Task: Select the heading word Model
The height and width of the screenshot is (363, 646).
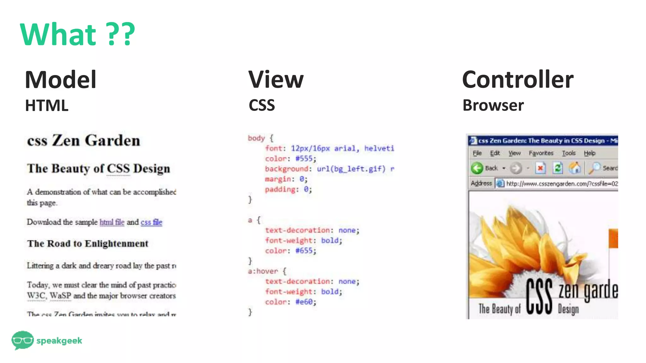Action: [x=61, y=80]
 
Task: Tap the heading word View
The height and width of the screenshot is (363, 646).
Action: [x=276, y=80]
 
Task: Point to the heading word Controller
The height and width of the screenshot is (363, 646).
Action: [x=518, y=80]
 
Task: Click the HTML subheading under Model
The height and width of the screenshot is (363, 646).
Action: [x=47, y=106]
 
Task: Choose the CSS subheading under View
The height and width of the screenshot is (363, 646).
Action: [x=261, y=105]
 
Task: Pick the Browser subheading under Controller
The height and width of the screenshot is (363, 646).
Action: [x=493, y=105]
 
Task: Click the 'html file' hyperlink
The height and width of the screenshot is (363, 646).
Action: [x=112, y=222]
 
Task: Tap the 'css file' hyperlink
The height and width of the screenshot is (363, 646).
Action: [x=151, y=222]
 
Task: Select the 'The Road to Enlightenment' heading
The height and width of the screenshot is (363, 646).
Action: [x=88, y=244]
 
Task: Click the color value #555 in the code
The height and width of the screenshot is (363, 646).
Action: [x=304, y=158]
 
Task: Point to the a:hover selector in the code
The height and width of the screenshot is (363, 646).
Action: [x=263, y=271]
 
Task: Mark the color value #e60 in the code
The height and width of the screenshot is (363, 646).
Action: [x=304, y=302]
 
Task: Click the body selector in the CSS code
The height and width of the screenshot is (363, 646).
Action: [x=256, y=138]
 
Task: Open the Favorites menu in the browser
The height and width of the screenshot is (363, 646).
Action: [x=541, y=153]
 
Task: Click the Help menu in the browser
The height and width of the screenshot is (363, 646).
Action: [x=589, y=153]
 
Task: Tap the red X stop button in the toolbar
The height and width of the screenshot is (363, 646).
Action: [x=540, y=168]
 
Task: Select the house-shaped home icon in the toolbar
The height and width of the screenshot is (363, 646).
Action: [x=575, y=168]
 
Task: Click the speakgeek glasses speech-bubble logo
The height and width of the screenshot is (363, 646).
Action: [x=22, y=340]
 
